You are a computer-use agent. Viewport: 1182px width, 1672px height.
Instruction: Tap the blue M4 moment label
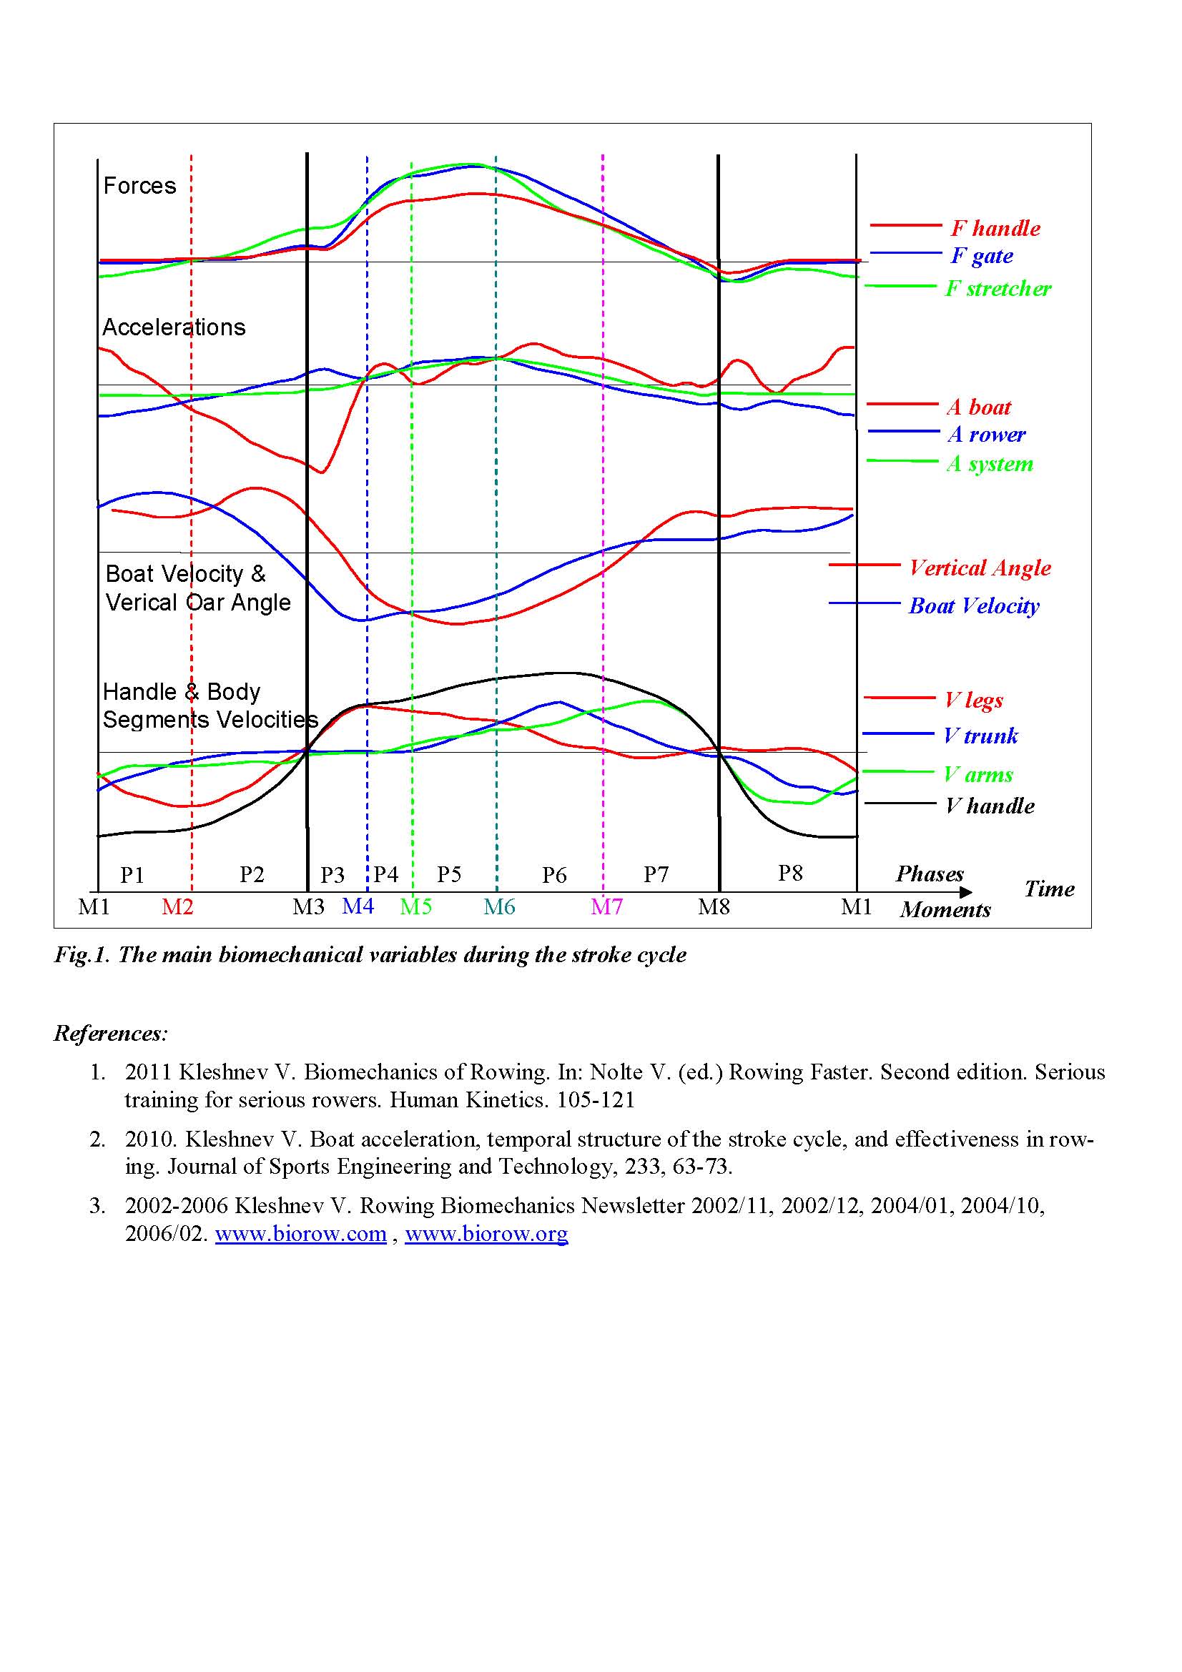click(358, 906)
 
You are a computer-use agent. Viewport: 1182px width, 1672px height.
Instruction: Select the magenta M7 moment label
click(606, 906)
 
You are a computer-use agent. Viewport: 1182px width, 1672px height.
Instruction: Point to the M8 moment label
click(714, 906)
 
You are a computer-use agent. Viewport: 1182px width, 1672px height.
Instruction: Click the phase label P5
click(448, 874)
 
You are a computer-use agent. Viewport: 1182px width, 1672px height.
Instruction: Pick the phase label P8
click(790, 872)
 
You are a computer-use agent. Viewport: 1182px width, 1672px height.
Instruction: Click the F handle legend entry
click(995, 228)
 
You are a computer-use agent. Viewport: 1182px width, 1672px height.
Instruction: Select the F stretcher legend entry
click(998, 288)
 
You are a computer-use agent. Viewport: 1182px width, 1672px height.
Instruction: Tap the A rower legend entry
click(986, 435)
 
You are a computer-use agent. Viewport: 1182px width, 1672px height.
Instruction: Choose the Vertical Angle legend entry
click(980, 568)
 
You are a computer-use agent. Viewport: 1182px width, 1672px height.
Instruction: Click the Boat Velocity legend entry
click(974, 605)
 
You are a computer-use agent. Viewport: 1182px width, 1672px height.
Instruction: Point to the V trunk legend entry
click(980, 736)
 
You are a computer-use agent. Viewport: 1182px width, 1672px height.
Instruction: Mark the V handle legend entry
click(990, 806)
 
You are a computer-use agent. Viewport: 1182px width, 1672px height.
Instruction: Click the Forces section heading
click(140, 186)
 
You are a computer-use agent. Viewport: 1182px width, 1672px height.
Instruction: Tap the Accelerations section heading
click(174, 327)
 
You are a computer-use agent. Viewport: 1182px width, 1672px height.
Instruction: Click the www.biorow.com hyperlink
click(300, 1234)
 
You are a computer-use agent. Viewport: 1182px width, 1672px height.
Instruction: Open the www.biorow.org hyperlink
click(486, 1234)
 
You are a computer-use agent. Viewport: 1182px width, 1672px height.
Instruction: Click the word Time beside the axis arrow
click(1049, 889)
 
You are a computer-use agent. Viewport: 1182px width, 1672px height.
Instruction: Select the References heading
click(111, 1033)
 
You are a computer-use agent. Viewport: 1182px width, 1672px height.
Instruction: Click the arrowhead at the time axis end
click(967, 892)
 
